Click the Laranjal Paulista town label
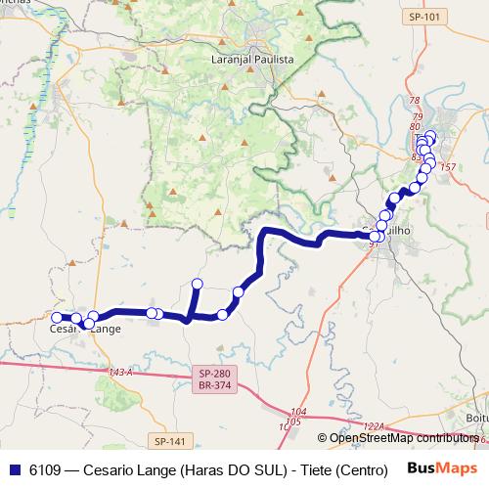[252, 59]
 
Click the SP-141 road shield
[169, 442]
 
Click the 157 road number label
[449, 167]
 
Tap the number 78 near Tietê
[415, 102]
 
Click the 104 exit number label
[298, 413]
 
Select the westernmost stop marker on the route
[57, 317]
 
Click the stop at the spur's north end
[197, 285]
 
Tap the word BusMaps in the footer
[435, 468]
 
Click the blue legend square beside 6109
[14, 468]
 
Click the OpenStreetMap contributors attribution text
[404, 438]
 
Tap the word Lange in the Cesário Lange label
[105, 330]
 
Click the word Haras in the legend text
[203, 468]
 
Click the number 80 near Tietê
[416, 127]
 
